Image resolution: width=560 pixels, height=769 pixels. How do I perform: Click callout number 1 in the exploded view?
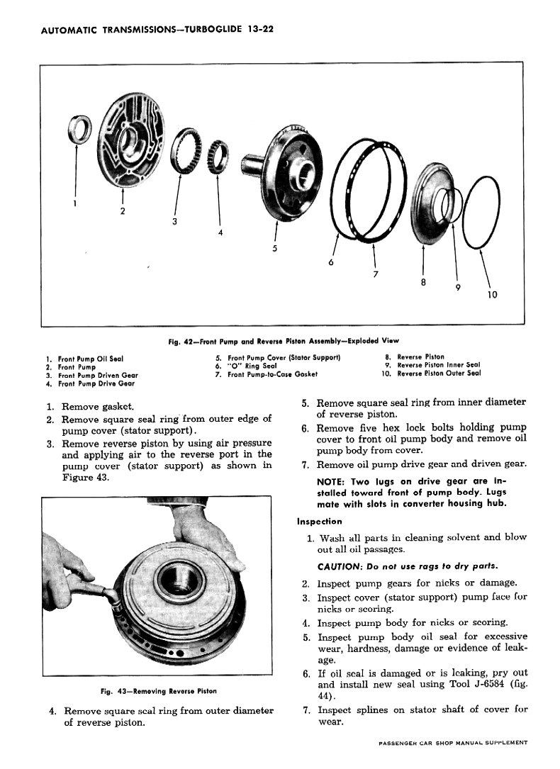[x=74, y=203]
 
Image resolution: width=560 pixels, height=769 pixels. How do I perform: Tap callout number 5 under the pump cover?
[x=274, y=248]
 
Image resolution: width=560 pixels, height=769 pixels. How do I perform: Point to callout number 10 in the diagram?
[x=493, y=294]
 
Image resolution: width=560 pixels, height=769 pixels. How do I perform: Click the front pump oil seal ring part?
[x=79, y=130]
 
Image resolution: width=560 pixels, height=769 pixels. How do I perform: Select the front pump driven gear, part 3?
[x=186, y=150]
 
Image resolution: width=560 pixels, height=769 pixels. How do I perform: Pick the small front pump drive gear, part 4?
[x=218, y=157]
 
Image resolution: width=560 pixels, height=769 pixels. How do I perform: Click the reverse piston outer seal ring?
[x=481, y=213]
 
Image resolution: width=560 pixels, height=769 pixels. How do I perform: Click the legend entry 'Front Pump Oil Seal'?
[x=91, y=359]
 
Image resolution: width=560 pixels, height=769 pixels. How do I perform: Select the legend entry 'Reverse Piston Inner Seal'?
[x=438, y=365]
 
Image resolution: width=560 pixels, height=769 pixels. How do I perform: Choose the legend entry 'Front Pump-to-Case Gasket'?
[x=273, y=374]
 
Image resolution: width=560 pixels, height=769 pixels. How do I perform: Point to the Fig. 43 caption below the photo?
[x=158, y=691]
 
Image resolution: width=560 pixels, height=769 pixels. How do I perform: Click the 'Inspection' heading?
[x=319, y=522]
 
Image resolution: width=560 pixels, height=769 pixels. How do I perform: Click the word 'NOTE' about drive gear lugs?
[x=330, y=482]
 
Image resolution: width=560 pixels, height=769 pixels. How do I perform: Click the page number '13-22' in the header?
[x=260, y=30]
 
